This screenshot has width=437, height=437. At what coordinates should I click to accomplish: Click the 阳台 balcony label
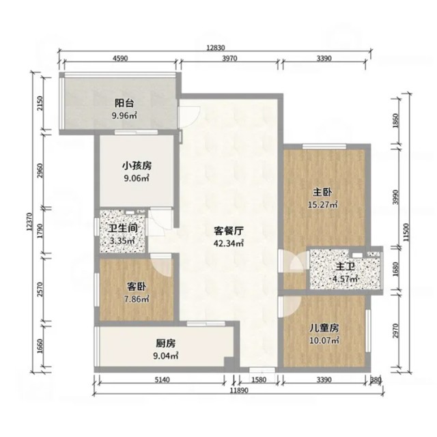(124, 103)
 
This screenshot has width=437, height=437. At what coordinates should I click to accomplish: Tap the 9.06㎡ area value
(137, 178)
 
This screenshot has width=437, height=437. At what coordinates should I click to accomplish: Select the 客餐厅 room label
(229, 231)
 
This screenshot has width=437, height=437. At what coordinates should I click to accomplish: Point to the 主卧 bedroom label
(322, 193)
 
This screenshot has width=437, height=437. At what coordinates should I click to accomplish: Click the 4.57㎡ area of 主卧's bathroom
(346, 279)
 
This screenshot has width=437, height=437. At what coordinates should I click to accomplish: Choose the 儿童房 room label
(324, 328)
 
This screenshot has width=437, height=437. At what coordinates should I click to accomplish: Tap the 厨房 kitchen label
(166, 343)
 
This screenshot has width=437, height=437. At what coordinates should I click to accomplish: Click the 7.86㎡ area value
(137, 299)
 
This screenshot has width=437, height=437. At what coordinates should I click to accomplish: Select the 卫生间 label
(123, 229)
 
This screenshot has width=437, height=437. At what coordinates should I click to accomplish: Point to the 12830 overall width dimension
(216, 48)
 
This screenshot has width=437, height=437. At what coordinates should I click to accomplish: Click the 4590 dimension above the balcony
(120, 59)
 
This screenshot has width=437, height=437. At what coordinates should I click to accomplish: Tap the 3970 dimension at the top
(229, 59)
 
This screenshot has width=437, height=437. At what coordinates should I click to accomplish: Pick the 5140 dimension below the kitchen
(162, 380)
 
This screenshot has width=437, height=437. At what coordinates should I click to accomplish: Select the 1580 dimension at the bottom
(259, 380)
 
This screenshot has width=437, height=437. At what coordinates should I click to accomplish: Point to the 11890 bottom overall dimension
(239, 391)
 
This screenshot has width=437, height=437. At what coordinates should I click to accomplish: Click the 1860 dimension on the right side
(395, 120)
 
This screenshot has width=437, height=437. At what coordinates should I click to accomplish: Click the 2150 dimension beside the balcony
(40, 103)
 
